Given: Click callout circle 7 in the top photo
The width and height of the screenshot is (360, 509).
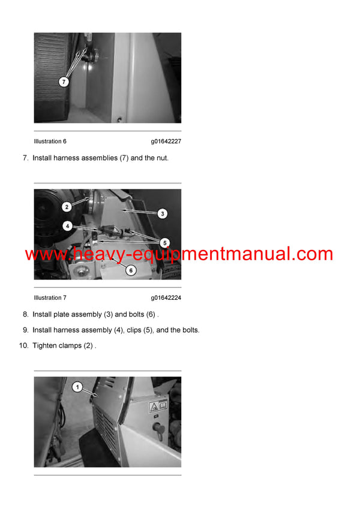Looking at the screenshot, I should (x=64, y=81).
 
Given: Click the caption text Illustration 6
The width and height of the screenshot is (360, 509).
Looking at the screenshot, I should (x=50, y=141).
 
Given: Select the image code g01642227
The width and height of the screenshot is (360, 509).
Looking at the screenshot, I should (x=166, y=141).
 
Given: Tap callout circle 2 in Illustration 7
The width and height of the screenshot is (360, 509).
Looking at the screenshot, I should (x=66, y=206).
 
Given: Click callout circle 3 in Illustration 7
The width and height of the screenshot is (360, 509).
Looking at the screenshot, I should (x=162, y=213).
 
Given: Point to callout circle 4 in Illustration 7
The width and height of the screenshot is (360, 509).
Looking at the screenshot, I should (x=68, y=226).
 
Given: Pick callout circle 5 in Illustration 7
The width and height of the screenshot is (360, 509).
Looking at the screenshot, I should (x=164, y=243).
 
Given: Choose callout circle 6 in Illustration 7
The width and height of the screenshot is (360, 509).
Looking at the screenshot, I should (x=131, y=270).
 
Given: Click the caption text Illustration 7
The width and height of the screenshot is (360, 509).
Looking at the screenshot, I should (x=50, y=298).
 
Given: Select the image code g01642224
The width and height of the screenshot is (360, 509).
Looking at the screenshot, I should (x=166, y=298).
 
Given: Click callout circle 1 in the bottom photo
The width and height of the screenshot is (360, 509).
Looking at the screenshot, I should (x=77, y=387).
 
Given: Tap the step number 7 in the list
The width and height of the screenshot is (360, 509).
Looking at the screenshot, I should (x=25, y=158).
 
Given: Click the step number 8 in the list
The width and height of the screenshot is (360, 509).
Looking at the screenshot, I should (x=25, y=314).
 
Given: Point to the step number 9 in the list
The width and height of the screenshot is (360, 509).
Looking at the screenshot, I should (x=25, y=330).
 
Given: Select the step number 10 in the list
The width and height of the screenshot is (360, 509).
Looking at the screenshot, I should (x=23, y=345).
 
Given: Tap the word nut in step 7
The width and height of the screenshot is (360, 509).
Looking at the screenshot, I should (x=162, y=158).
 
